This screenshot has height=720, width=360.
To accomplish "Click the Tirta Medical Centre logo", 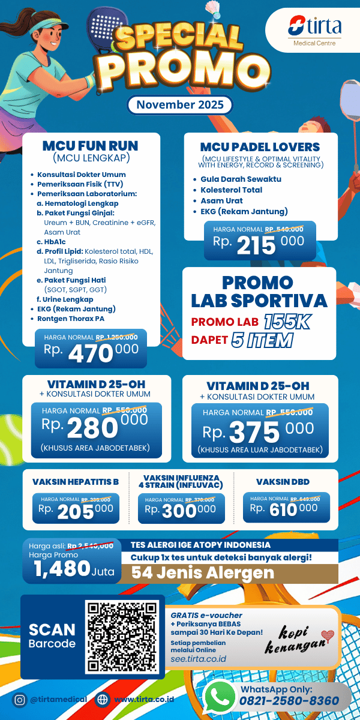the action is pos(314,30).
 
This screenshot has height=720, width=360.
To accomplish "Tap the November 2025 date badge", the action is pos(179,104).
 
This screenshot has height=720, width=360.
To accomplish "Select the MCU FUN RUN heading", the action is pos(90,146).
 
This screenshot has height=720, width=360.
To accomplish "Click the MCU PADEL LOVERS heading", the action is pos(260,147).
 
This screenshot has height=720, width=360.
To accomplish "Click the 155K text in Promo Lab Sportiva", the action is pos(286,322).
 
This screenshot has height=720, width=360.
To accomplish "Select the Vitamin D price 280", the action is pos(92,428).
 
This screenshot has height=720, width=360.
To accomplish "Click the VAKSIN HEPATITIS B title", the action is pos(76,481).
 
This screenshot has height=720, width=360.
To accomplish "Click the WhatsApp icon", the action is pos(219,697).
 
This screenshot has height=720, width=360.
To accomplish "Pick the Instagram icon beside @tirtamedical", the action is pos(20,700).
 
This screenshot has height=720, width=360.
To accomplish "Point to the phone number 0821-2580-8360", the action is pos(289,701).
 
